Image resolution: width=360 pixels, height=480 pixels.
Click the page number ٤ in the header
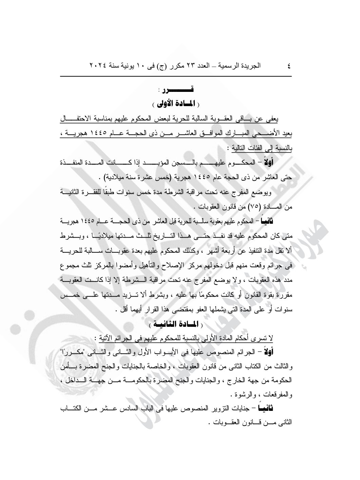(x=289, y=65)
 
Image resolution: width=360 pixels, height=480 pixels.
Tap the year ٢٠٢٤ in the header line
(x=98, y=65)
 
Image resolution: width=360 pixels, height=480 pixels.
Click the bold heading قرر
(x=183, y=90)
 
